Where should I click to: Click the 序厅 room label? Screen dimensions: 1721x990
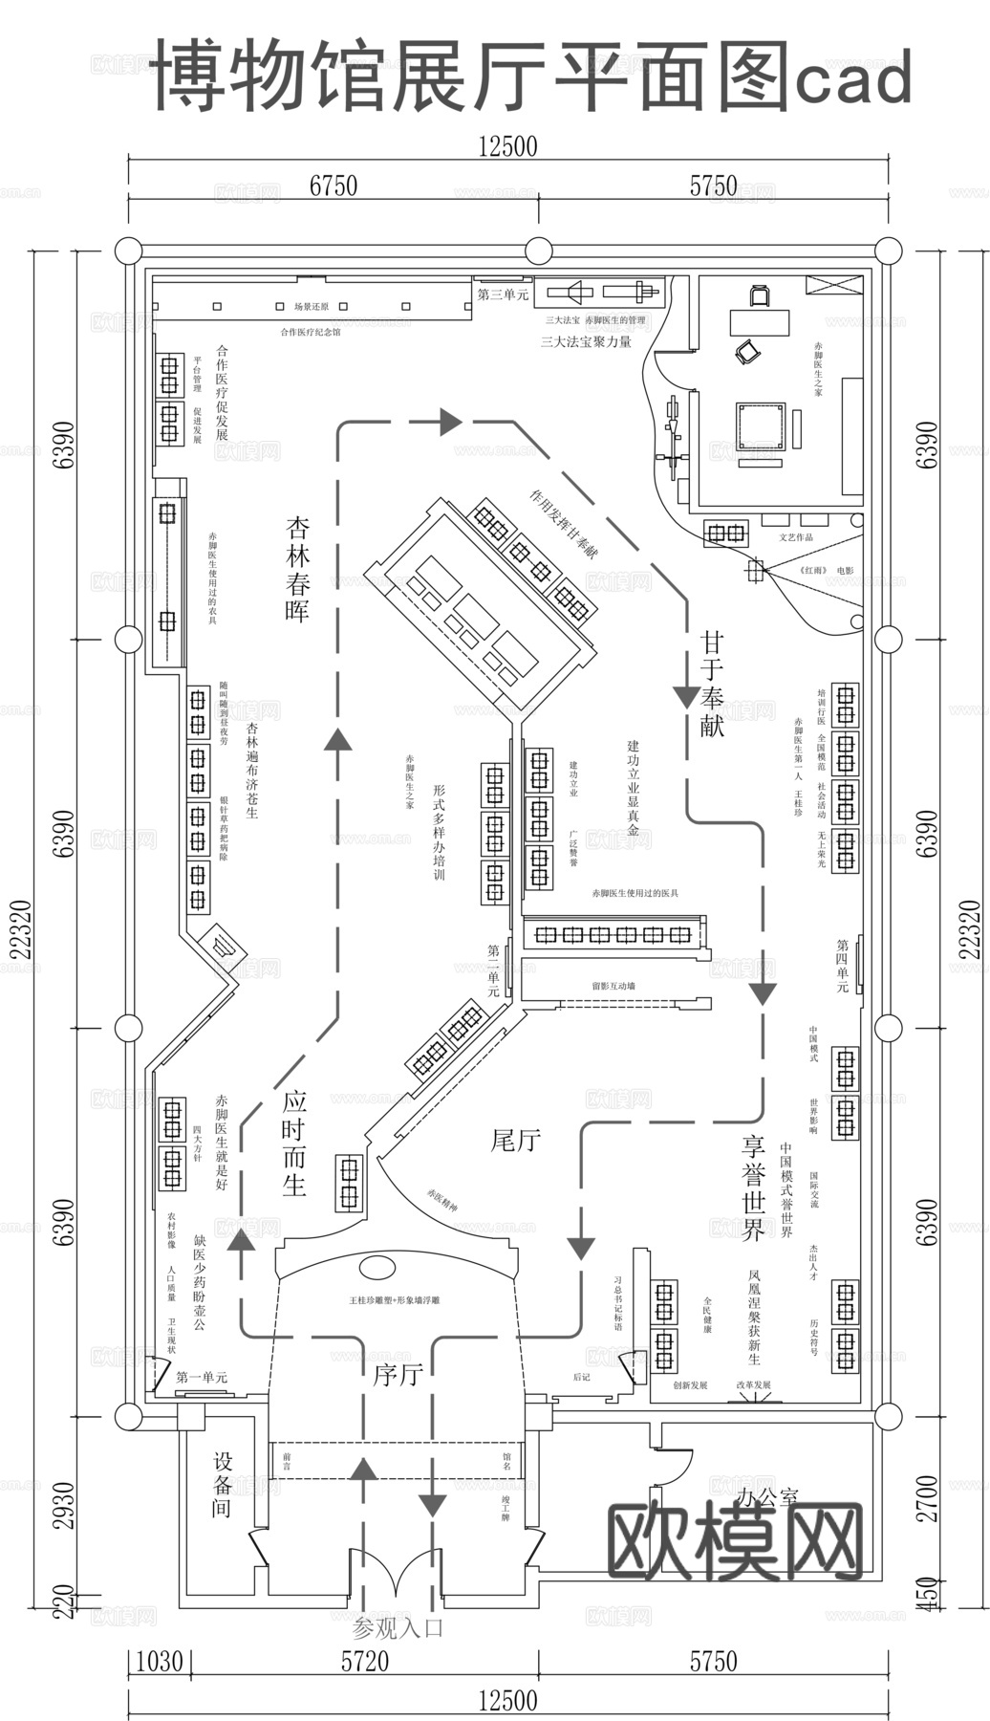[x=398, y=1375]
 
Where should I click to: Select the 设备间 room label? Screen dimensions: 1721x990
[x=222, y=1485]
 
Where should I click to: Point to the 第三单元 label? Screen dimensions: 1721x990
[x=503, y=294]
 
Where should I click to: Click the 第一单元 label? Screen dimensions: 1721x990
[x=202, y=1377]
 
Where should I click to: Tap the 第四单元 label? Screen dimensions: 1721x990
[x=842, y=966]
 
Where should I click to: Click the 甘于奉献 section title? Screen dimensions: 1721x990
[x=712, y=683]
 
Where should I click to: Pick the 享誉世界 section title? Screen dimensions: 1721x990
[x=753, y=1187]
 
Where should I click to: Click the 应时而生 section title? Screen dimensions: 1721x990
[x=294, y=1143]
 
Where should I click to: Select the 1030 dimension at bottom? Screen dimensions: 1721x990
[x=159, y=1661]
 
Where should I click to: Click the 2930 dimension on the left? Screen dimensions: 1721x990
[x=63, y=1506]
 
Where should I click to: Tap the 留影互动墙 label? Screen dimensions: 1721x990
[x=613, y=986]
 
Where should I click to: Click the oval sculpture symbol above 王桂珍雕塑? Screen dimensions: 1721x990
[x=377, y=1268]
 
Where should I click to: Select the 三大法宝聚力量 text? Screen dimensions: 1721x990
[x=586, y=341]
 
